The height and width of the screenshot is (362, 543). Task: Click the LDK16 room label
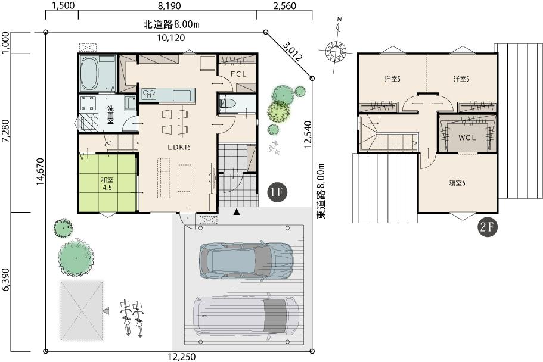179,147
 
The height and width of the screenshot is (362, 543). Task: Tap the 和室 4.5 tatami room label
107,184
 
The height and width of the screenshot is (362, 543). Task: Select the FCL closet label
238,74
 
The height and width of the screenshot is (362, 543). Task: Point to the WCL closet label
467,138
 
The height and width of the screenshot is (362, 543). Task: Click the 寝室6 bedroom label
457,183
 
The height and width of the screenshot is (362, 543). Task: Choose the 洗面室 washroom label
110,114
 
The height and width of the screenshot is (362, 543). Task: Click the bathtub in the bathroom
89,74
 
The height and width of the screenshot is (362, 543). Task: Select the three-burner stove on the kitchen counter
149,94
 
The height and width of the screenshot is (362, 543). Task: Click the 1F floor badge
277,192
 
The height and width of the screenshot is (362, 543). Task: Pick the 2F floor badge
488,227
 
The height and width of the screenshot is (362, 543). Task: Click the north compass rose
336,51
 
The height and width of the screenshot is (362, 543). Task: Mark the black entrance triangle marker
237,212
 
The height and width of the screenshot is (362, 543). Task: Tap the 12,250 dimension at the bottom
182,357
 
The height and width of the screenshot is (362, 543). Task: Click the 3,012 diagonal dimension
293,51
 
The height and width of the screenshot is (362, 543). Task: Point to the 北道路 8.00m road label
171,24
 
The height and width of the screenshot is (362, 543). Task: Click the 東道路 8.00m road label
322,191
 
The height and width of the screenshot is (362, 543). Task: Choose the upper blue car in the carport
247,261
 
